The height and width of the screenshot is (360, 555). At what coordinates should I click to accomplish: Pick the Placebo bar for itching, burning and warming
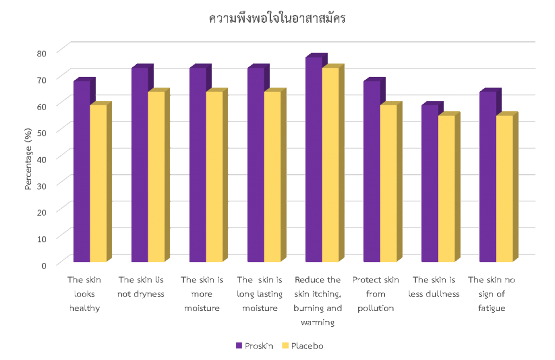point(330,165)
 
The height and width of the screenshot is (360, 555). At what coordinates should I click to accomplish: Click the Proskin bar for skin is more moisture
point(197,165)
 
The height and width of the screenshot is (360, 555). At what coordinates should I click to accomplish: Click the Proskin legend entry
point(254,345)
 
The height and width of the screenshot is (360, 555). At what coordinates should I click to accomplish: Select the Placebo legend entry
point(303,345)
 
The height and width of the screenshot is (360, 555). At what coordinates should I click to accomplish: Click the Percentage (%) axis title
point(28,157)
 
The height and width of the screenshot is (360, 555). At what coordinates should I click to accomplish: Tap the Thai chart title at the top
point(277,18)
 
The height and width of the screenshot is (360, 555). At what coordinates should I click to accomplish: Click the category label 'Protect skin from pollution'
point(376,294)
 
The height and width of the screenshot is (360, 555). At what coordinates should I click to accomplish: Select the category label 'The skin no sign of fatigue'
point(492,294)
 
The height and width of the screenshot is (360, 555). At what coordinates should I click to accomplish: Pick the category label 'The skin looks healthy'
point(84,294)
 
